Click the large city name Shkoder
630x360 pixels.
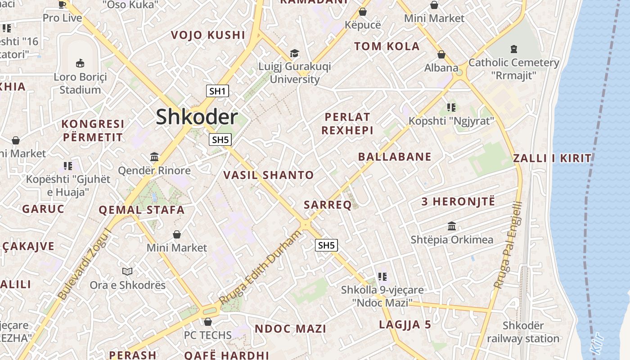click(197, 117)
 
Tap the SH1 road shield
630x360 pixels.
click(217, 91)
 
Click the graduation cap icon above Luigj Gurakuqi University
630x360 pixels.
click(294, 54)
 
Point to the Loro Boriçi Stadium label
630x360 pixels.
click(80, 83)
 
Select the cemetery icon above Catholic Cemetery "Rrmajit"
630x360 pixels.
click(514, 49)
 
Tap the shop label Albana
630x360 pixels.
click(441, 68)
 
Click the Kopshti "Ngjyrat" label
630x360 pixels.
click(451, 121)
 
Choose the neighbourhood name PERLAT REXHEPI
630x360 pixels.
click(347, 124)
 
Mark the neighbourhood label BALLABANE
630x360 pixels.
click(395, 157)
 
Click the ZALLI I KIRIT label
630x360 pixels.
click(552, 158)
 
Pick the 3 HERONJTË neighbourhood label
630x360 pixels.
click(458, 201)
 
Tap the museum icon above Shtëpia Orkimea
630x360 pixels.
click(452, 226)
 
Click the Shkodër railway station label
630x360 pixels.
click(523, 332)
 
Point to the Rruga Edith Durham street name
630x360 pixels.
click(260, 267)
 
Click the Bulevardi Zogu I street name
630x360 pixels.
click(85, 264)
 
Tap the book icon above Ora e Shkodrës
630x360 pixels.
click(127, 271)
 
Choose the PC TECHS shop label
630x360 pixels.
click(207, 335)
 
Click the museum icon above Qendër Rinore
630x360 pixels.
click(154, 157)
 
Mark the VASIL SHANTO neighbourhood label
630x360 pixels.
click(269, 175)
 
